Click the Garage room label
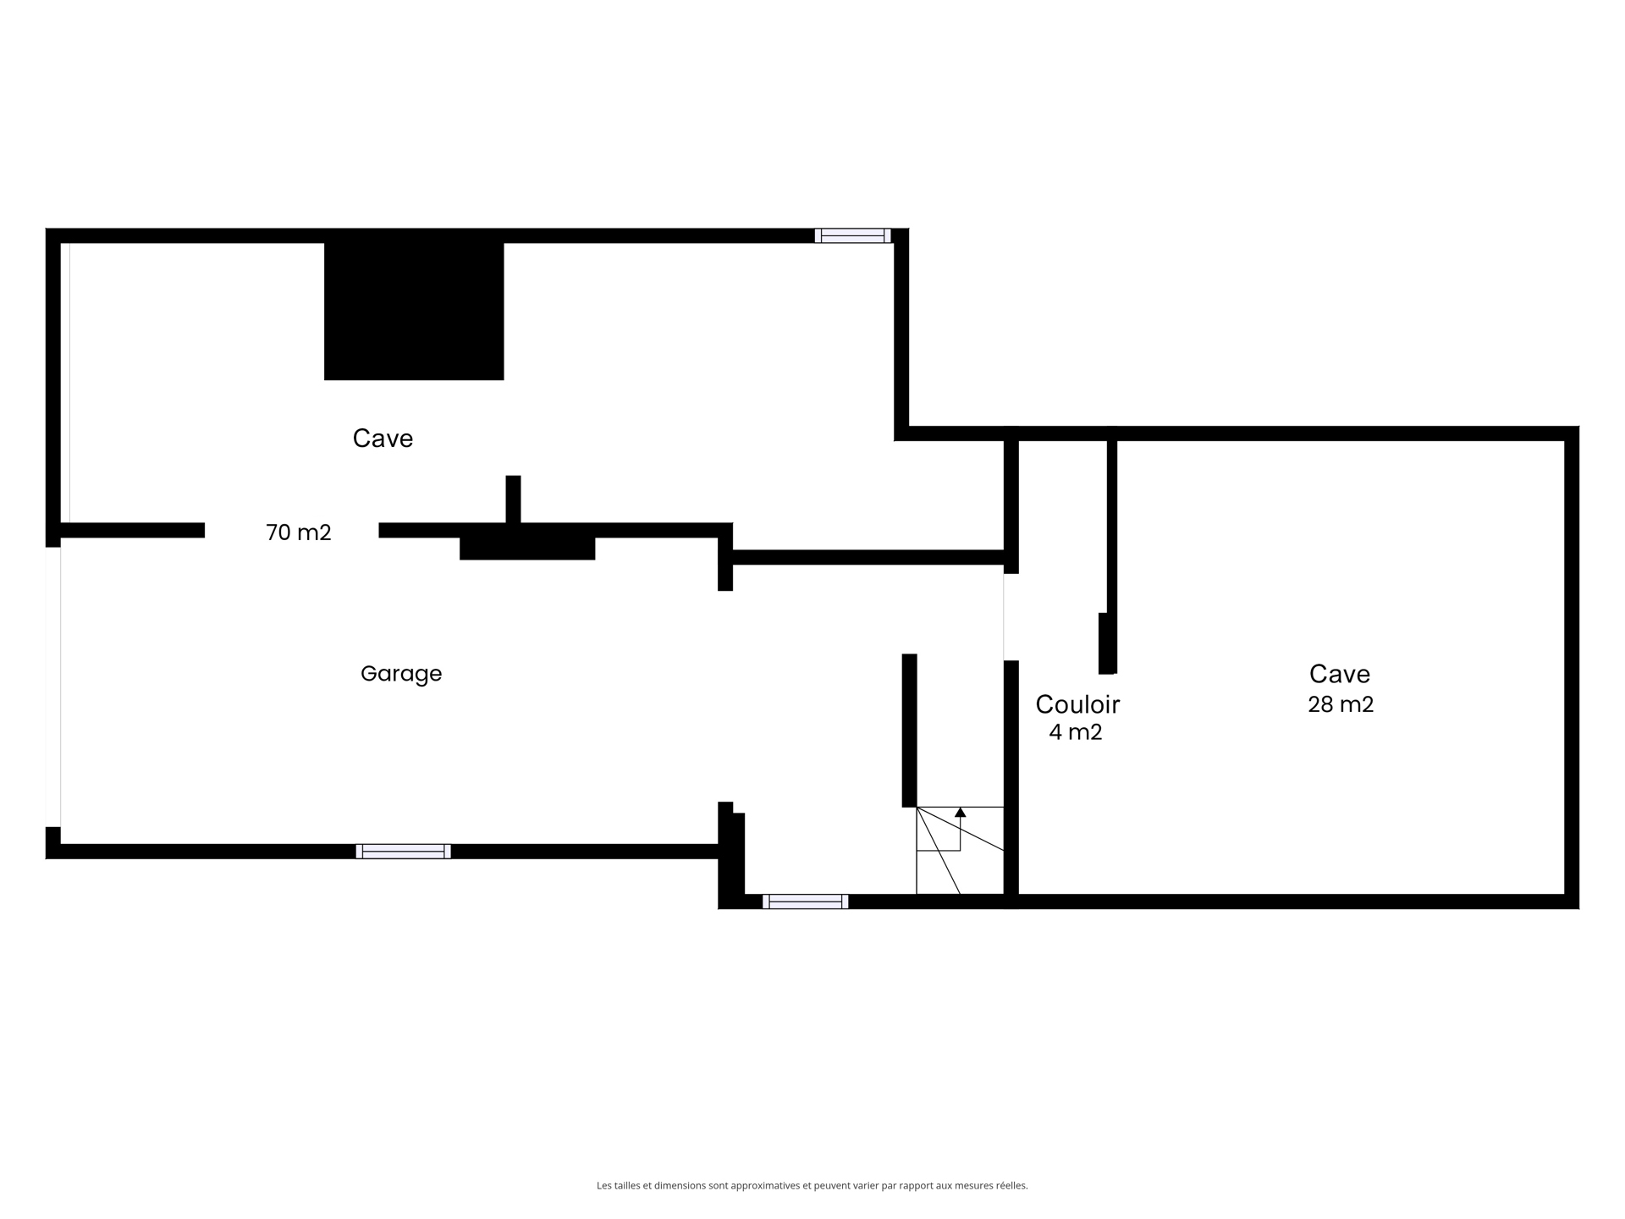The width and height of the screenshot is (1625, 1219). (x=401, y=674)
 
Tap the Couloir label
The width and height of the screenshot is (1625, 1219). (x=1077, y=704)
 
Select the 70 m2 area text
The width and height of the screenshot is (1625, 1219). (x=299, y=532)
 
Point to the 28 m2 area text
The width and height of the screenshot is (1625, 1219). (x=1341, y=704)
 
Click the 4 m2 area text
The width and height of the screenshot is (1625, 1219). (x=1076, y=732)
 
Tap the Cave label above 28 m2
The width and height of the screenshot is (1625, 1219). (x=1340, y=674)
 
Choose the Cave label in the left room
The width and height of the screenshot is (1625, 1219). (x=383, y=439)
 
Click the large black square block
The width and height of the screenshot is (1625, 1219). (x=414, y=311)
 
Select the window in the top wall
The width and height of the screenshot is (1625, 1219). (x=853, y=235)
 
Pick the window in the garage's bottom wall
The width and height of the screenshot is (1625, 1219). (x=403, y=852)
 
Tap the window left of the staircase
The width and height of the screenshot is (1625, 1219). (x=805, y=902)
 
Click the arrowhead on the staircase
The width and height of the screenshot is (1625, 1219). (x=960, y=812)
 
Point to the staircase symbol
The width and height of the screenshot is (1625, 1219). (x=960, y=850)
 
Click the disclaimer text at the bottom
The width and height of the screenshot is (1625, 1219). (x=812, y=1186)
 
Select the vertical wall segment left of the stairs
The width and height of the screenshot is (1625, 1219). (x=909, y=731)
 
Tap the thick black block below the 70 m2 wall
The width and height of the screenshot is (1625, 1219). (x=527, y=549)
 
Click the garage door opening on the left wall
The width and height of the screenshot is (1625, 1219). (x=53, y=687)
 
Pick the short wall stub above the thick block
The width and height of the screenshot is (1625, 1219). (x=513, y=499)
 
